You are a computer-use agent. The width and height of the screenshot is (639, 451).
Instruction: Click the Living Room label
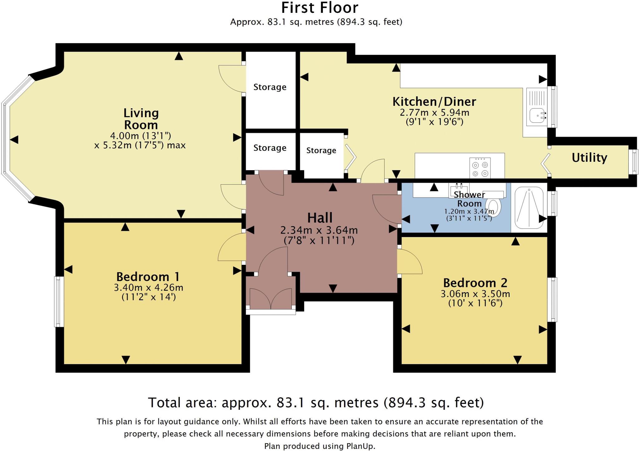[x=141, y=119]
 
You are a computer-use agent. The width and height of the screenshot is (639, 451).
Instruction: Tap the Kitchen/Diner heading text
[x=434, y=102]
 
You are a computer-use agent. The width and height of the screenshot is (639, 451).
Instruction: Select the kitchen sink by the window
[x=537, y=116]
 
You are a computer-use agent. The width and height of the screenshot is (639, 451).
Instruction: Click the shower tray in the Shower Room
[x=529, y=208]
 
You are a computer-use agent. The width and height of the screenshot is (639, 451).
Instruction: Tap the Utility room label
[x=589, y=157]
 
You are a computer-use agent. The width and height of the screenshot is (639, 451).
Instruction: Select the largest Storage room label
[x=270, y=87]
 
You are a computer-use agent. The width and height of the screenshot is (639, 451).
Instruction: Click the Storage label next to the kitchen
[x=321, y=151]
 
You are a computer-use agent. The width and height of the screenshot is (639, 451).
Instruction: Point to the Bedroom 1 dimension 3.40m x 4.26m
[x=149, y=287]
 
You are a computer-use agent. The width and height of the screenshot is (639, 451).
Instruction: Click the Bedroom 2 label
[x=475, y=283]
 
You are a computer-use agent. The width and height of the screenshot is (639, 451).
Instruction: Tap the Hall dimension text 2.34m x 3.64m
[x=319, y=230]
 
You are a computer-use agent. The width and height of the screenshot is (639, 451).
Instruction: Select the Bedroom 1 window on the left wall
[x=59, y=301]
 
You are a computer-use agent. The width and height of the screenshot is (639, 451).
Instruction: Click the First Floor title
[x=319, y=8]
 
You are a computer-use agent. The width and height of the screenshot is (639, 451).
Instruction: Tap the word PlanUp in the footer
[x=360, y=446]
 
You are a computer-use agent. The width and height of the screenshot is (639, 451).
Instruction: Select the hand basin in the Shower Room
[x=459, y=190]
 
